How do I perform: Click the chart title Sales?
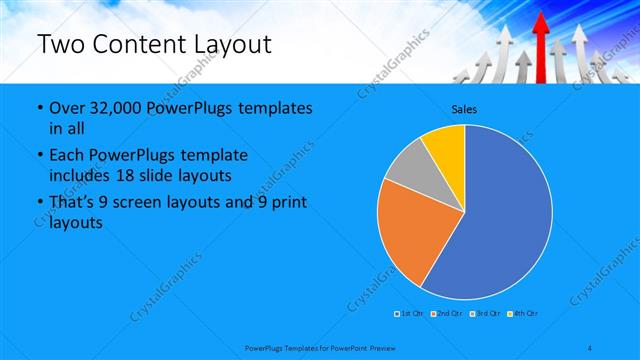[x=464, y=109]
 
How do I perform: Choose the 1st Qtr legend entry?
[x=411, y=314]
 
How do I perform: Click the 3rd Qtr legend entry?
[x=485, y=314]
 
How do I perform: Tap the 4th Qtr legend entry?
[x=523, y=314]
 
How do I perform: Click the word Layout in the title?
[x=232, y=45]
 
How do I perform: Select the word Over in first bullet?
[x=66, y=108]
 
